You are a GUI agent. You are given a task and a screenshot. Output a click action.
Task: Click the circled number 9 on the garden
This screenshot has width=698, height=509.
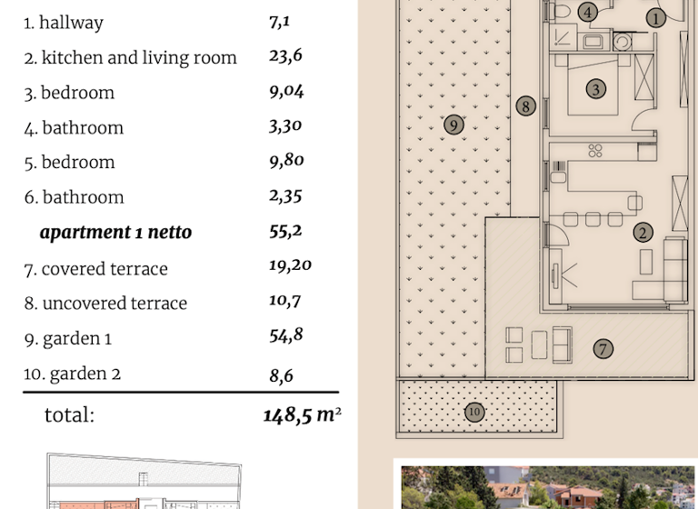point(454,125)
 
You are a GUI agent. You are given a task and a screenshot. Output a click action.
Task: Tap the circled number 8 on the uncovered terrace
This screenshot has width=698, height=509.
point(525,106)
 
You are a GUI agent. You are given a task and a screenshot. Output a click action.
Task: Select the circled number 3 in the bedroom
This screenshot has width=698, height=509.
point(596,89)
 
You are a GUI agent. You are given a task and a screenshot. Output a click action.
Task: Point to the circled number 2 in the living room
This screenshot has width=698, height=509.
point(643,233)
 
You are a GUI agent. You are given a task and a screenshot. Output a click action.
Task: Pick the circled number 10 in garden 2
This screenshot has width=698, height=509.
point(474,412)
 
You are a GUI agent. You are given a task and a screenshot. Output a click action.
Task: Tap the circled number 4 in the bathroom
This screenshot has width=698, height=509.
point(588,13)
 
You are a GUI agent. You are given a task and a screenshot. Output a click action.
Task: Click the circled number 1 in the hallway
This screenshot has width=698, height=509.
point(656,17)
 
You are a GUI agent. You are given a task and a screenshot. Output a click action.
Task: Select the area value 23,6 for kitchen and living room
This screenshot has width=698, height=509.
point(285,56)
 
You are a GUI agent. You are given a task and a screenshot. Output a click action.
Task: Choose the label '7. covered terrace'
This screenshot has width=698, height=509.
point(96,268)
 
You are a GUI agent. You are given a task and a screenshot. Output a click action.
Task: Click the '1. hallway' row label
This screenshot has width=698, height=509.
point(64,23)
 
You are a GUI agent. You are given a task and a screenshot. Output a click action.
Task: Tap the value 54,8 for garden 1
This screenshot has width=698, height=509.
point(286,335)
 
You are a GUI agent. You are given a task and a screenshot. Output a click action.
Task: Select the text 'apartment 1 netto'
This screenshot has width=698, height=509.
point(115,233)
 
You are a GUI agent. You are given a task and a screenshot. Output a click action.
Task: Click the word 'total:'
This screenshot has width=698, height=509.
point(69,415)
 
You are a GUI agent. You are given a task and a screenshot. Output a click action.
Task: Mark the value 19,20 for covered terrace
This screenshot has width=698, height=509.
point(291,266)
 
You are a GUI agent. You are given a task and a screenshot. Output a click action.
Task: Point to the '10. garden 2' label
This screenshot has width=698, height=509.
point(73,373)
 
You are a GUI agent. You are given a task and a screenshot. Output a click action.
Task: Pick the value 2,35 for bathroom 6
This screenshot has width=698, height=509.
point(285,195)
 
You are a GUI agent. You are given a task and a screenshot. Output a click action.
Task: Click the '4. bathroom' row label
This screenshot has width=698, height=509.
point(74,127)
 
